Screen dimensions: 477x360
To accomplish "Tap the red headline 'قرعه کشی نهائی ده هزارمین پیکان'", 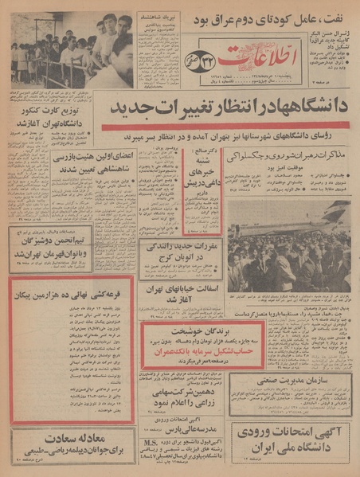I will [x=72, y=290].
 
